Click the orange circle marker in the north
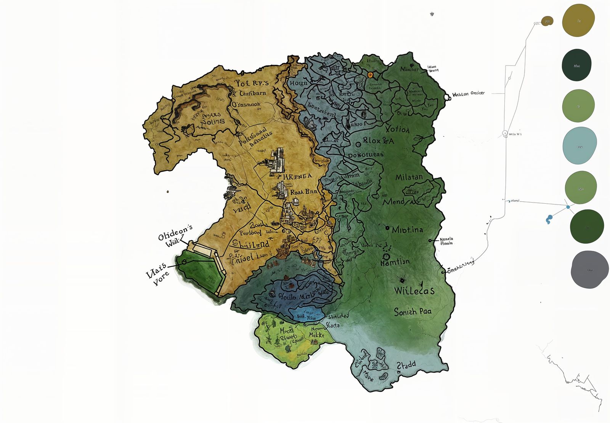[370, 75]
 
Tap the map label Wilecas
[414, 291]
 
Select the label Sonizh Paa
[413, 312]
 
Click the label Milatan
[409, 177]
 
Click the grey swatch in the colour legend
[589, 270]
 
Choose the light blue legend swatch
[579, 146]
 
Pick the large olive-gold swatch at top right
[578, 21]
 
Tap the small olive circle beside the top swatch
[547, 21]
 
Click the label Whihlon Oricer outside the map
[468, 94]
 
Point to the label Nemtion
[396, 262]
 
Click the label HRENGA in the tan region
[297, 176]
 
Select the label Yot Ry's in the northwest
[252, 83]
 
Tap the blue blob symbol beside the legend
[549, 219]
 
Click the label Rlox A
[377, 140]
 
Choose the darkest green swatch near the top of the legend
[576, 65]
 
